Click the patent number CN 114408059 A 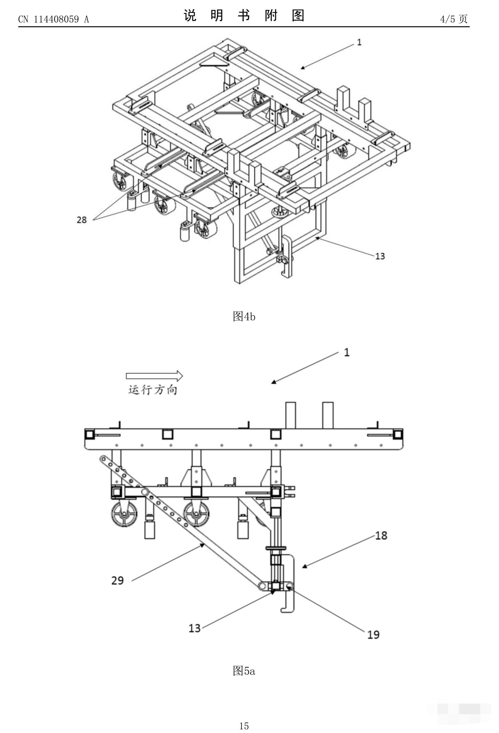point(53,19)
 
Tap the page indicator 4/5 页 point(454,19)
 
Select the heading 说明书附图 point(244,15)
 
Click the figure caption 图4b point(244,317)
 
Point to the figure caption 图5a point(244,671)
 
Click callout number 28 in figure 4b point(82,220)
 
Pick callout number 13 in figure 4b point(380,256)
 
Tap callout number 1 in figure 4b point(359,42)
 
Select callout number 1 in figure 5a point(347,352)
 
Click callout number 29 point(117,581)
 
